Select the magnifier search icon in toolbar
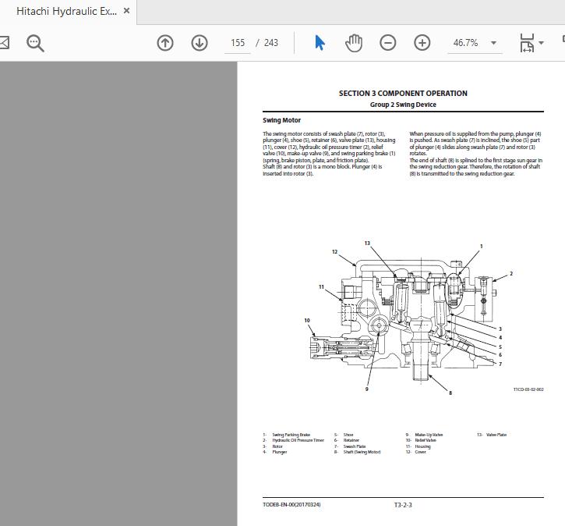[x=35, y=43]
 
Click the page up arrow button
[x=165, y=43]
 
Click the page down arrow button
[x=200, y=43]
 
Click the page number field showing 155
[x=238, y=43]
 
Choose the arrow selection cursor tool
[x=320, y=43]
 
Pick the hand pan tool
[x=354, y=43]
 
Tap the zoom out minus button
[x=388, y=43]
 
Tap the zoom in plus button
[x=422, y=43]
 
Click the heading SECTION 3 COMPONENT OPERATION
[x=403, y=94]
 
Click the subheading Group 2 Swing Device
[x=403, y=105]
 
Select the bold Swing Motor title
[x=281, y=120]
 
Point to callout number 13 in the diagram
[x=367, y=243]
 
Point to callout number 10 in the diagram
[x=307, y=320]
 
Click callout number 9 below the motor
[x=367, y=389]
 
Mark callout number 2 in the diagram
[x=511, y=274]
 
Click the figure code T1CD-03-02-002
[x=528, y=389]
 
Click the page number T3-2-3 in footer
[x=403, y=505]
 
